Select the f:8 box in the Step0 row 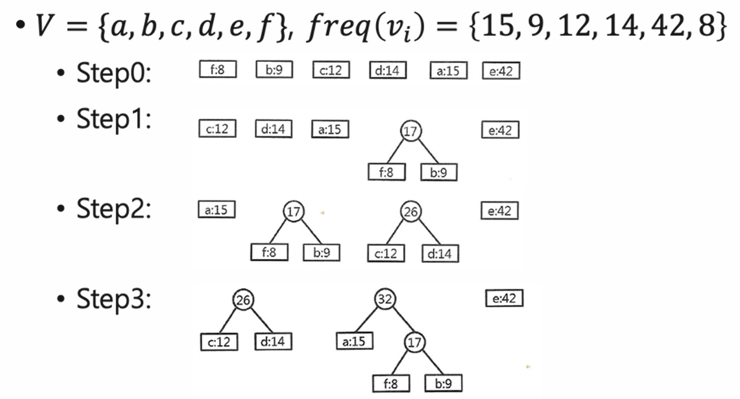(217, 71)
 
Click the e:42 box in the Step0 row (501, 71)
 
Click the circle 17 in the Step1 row (411, 131)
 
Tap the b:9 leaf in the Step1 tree (439, 172)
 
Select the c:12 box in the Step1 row (217, 129)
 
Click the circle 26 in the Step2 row (411, 211)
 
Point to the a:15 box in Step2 (217, 210)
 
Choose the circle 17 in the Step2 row (293, 211)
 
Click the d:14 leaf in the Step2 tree (441, 253)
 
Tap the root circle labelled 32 (385, 300)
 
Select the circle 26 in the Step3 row (244, 300)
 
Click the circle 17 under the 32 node (414, 343)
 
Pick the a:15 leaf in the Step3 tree (355, 341)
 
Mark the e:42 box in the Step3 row (504, 299)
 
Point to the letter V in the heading (43, 27)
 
